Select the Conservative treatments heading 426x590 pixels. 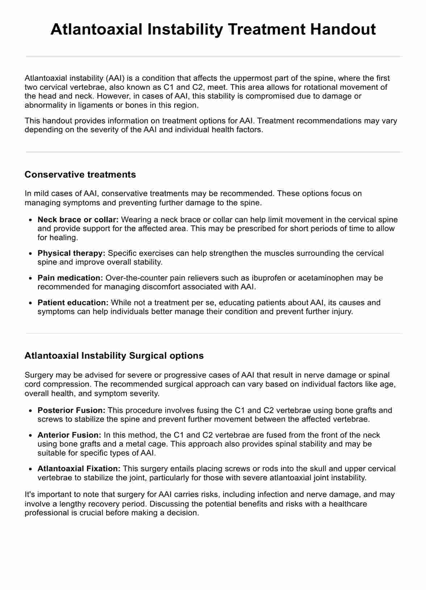pyautogui.click(x=80, y=174)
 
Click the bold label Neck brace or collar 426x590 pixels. pyautogui.click(x=78, y=220)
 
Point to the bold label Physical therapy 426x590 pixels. pyautogui.click(x=71, y=253)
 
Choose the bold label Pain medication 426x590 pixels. pyautogui.click(x=70, y=278)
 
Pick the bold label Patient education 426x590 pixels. pyautogui.click(x=73, y=303)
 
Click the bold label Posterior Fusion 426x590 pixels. pyautogui.click(x=71, y=410)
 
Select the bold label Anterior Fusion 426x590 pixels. pyautogui.click(x=69, y=435)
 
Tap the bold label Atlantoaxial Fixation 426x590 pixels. pyautogui.click(x=79, y=469)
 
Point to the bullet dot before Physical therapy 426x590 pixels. pyautogui.click(x=31, y=254)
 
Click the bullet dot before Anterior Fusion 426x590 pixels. pyautogui.click(x=31, y=435)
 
